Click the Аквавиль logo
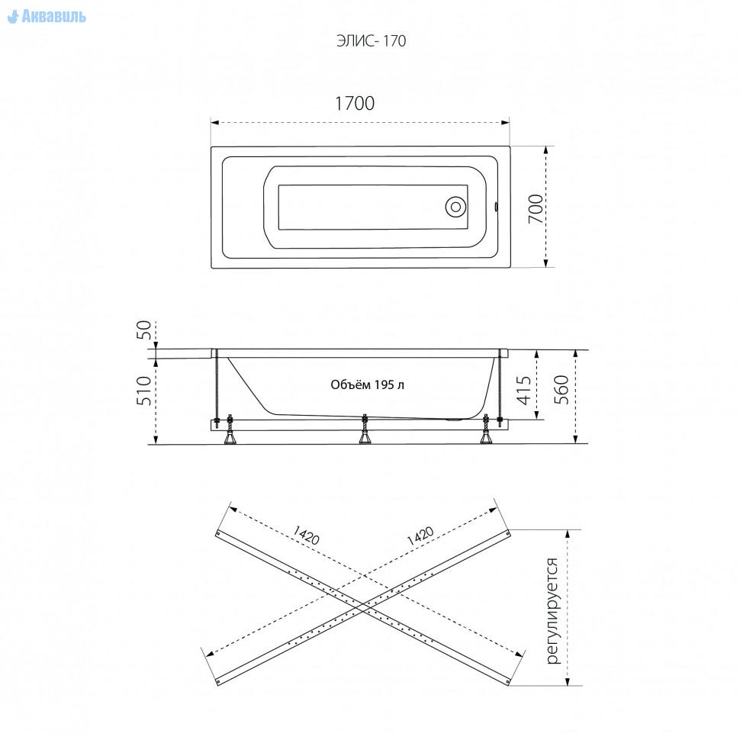pyautogui.click(x=47, y=17)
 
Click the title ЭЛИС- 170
pyautogui.click(x=371, y=41)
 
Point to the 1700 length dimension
pyautogui.click(x=355, y=103)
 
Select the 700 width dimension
pyautogui.click(x=536, y=208)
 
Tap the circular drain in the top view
pyautogui.click(x=455, y=207)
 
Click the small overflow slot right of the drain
pyautogui.click(x=496, y=207)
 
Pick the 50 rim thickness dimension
pyautogui.click(x=144, y=330)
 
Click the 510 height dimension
pyautogui.click(x=144, y=391)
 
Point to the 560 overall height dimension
pyautogui.click(x=561, y=389)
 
